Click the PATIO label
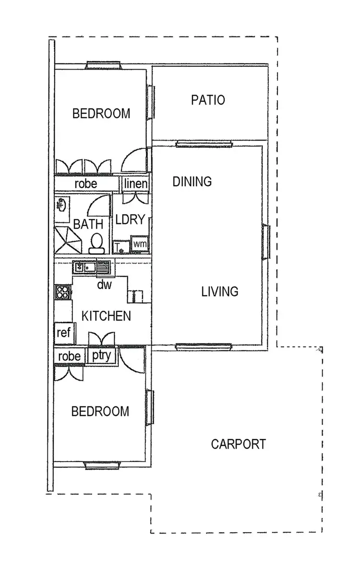pos(208,100)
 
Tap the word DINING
pos(192,182)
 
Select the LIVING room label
pos(219,291)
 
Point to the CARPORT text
pos(238,444)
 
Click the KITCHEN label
pos(106,316)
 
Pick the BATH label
pos(88,224)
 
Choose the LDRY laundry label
pos(130,220)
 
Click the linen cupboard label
pos(136,184)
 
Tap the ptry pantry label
pos(101,356)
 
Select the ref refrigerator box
pos(64,333)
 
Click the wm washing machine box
pos(140,245)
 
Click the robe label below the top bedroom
pos(86,184)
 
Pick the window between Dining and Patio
pos(204,143)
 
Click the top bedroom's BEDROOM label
pos(101,114)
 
